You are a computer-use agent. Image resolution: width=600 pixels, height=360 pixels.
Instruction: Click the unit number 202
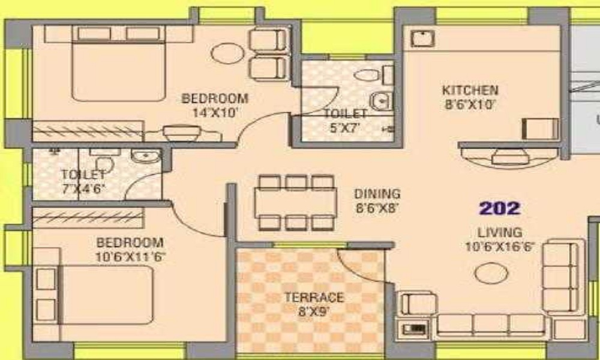(499, 208)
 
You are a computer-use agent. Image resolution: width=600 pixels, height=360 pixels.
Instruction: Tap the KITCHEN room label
(470, 91)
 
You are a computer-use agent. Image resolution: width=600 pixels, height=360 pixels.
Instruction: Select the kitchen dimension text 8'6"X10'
(470, 104)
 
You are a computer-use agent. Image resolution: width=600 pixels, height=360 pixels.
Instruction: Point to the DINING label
(377, 194)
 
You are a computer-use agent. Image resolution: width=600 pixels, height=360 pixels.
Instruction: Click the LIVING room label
(499, 232)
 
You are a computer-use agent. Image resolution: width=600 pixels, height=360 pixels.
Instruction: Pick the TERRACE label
(314, 298)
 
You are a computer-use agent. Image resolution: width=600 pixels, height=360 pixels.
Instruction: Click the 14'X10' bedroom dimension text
(215, 112)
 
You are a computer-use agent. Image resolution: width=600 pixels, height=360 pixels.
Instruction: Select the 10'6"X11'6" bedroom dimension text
(130, 256)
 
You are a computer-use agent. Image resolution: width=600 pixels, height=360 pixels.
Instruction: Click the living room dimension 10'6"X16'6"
(499, 246)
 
